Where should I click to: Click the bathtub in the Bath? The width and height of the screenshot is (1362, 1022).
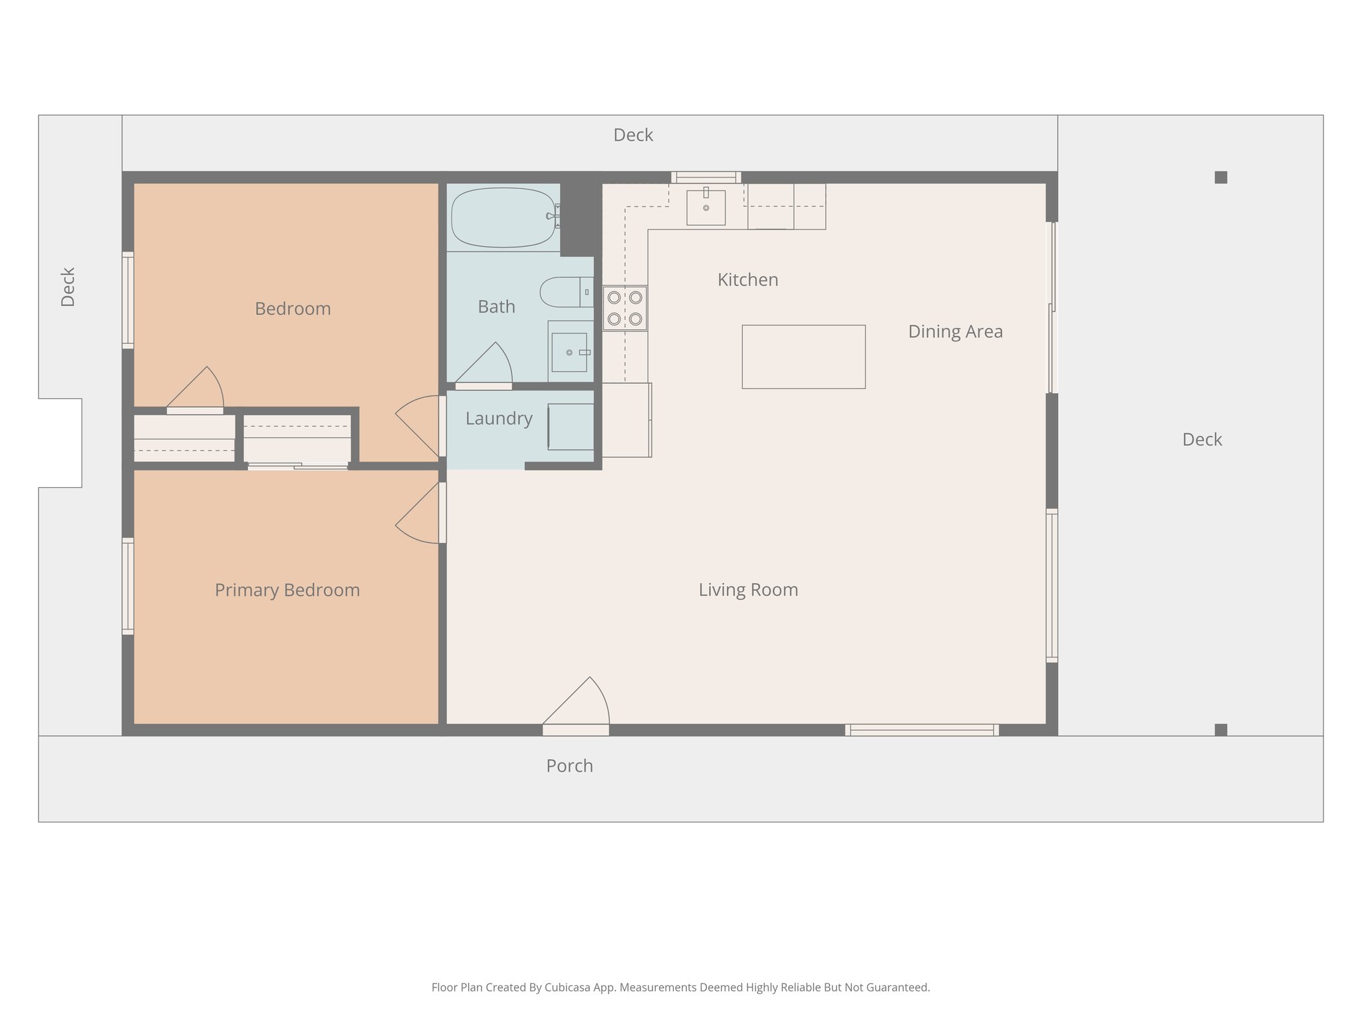(503, 217)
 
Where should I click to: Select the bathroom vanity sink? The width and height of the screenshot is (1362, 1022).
(569, 352)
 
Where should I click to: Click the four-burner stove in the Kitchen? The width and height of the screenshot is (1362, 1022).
(625, 308)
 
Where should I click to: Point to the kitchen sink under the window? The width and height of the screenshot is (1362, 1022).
(706, 208)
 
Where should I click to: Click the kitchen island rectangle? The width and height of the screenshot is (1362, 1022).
(803, 357)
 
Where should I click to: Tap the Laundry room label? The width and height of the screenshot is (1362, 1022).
(499, 419)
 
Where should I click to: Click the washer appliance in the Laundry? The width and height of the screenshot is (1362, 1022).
(571, 426)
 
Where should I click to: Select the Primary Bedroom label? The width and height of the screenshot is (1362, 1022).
(287, 590)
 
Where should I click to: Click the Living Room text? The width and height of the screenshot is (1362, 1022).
(748, 590)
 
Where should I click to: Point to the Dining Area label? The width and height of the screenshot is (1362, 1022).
(955, 331)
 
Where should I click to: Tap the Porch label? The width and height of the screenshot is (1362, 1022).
(569, 766)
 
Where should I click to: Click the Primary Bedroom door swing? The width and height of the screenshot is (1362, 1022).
(418, 514)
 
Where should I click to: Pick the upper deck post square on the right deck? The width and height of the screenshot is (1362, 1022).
(1220, 177)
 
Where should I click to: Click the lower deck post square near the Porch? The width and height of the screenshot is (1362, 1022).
(1220, 729)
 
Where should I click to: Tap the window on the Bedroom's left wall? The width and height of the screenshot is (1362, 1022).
(128, 299)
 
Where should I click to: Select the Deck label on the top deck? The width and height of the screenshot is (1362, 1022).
(632, 135)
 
